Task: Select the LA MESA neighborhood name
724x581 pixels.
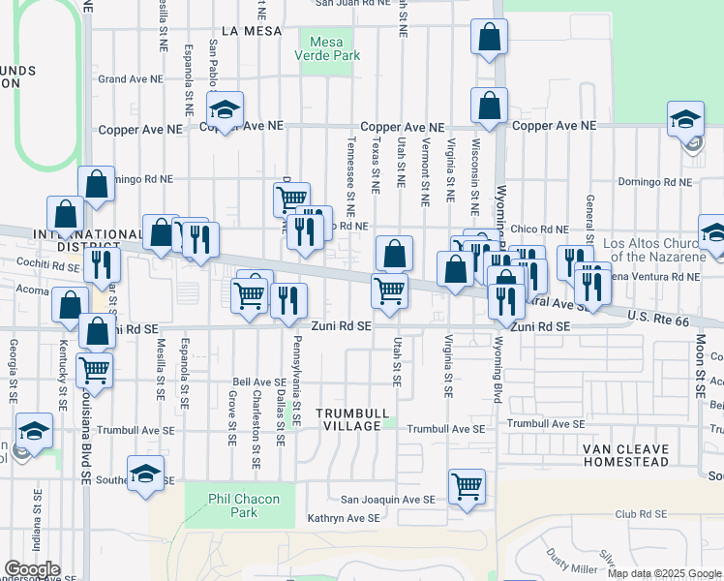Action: (251, 31)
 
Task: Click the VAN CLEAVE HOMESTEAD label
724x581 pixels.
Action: (624, 455)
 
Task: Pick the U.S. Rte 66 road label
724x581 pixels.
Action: (660, 317)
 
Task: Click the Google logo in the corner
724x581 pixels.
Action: (31, 569)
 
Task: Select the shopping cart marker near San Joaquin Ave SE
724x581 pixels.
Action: (467, 487)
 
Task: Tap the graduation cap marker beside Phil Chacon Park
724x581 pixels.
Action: (145, 474)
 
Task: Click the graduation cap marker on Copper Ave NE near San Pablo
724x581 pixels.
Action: (225, 110)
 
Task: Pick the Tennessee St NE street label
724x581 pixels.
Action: (350, 175)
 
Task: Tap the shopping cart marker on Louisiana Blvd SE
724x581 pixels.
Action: (95, 369)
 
